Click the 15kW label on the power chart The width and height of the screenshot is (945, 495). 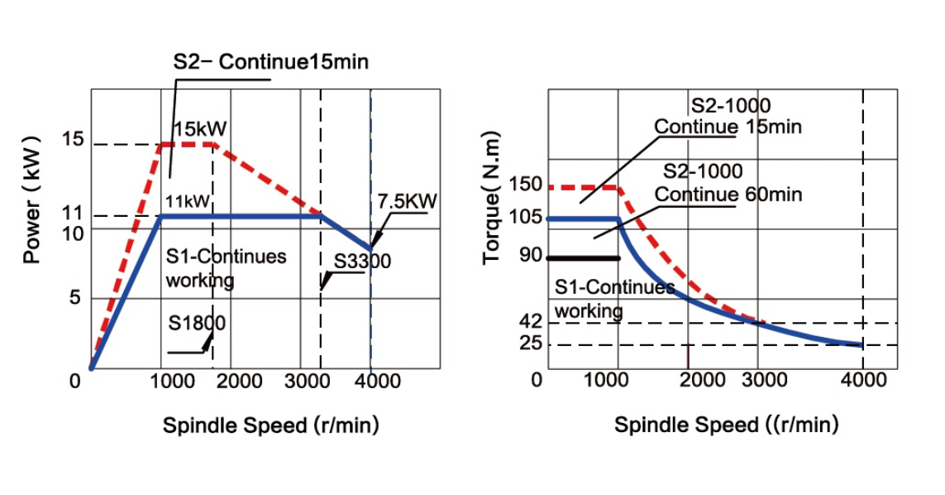point(199,129)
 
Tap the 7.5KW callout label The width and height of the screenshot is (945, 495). point(407,202)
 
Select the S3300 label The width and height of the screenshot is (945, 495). point(362,262)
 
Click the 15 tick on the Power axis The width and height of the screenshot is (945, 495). point(73,139)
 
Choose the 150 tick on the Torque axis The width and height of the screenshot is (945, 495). point(526,184)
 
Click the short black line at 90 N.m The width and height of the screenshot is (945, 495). point(584,258)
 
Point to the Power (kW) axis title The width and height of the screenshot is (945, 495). point(32,199)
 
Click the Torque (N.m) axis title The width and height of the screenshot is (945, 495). point(491,199)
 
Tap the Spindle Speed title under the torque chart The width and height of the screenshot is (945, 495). point(726,425)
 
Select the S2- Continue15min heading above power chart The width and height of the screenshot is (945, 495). point(270,62)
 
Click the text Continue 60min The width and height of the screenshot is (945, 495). point(728,195)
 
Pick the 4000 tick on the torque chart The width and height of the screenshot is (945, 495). point(863,380)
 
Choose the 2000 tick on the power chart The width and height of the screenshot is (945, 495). point(240,381)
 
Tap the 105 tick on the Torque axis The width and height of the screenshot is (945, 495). point(526,217)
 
